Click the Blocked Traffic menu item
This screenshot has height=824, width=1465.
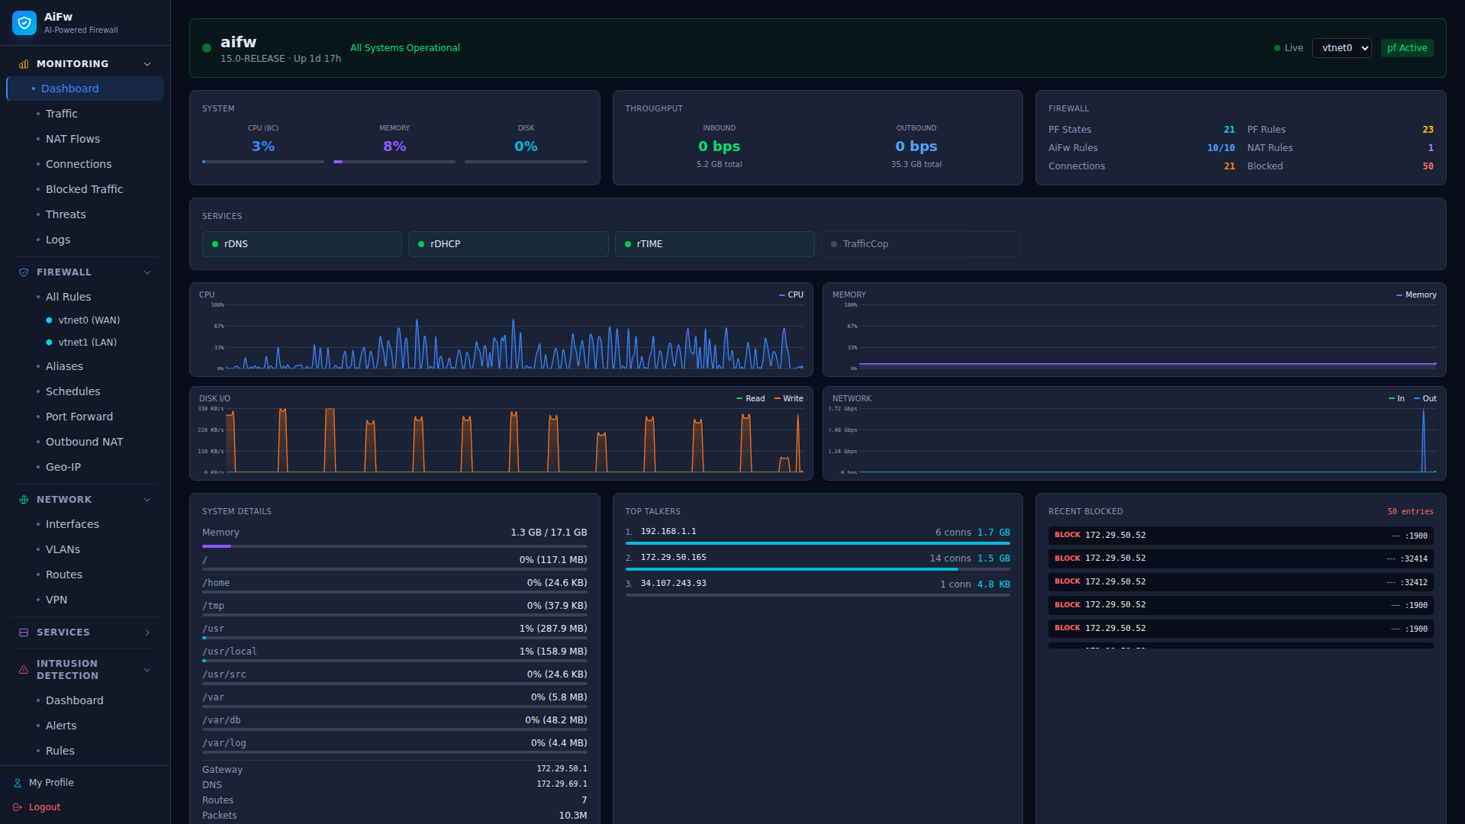(84, 189)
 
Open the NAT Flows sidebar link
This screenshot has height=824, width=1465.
(72, 139)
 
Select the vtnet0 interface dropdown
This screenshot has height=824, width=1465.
(1341, 48)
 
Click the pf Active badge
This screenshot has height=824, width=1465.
(1406, 48)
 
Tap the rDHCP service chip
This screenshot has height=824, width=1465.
(508, 244)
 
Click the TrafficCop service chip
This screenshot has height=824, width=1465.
(920, 244)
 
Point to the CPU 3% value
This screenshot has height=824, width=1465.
(263, 146)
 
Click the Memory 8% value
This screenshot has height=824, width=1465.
(394, 146)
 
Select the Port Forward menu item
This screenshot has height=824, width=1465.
(79, 417)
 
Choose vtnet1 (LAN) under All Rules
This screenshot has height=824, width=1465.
(87, 343)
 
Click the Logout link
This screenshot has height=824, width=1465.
(44, 807)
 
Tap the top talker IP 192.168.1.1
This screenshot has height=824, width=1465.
(668, 532)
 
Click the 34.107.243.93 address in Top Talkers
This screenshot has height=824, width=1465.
(674, 584)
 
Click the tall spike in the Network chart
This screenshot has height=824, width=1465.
(1423, 443)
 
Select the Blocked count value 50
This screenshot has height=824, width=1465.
(1428, 166)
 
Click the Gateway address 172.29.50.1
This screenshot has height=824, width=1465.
(562, 769)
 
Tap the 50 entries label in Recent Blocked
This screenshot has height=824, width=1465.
(1410, 512)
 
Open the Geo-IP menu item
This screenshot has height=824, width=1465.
(63, 467)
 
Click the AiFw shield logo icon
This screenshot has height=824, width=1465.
(24, 23)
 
